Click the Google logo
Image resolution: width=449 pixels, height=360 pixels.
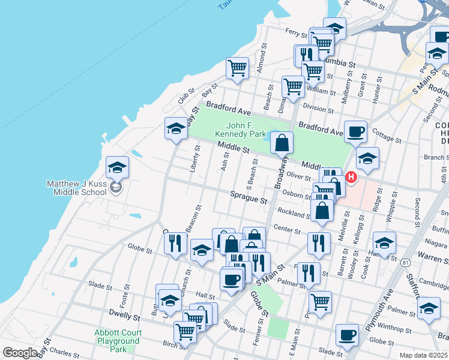[20, 353]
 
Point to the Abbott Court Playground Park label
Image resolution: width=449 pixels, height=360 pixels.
[118, 341]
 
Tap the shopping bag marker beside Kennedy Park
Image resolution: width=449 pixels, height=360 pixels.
[282, 143]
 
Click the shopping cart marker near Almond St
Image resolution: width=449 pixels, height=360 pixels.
[238, 68]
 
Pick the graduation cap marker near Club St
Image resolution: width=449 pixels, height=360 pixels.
[176, 128]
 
